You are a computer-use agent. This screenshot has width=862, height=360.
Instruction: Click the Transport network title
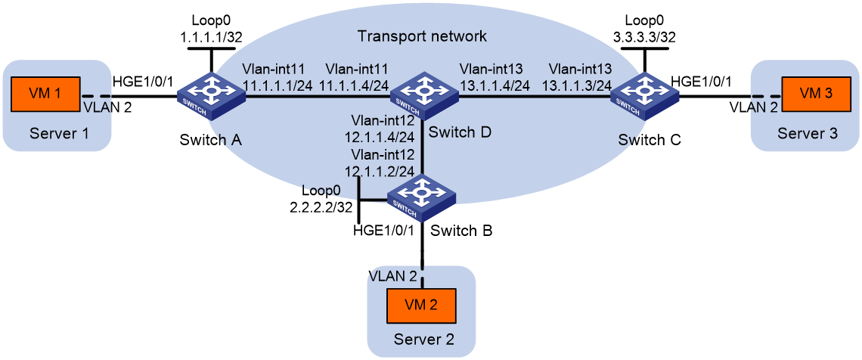pyautogui.click(x=422, y=37)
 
